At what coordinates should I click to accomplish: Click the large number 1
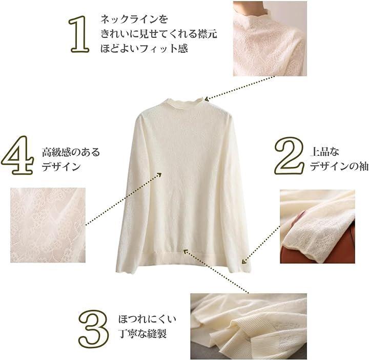(x=79, y=34)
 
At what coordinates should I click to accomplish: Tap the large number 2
(x=290, y=156)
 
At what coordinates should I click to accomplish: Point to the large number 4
(x=18, y=155)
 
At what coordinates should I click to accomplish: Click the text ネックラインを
(x=134, y=19)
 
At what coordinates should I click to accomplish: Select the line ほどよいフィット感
(x=144, y=49)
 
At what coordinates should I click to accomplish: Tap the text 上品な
(x=325, y=152)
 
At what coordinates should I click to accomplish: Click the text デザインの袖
(x=339, y=166)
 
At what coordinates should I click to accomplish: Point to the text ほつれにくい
(x=147, y=319)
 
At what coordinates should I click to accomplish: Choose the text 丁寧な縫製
(x=142, y=334)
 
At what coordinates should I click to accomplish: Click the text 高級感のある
(x=71, y=152)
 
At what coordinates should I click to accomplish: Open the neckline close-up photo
(x=270, y=38)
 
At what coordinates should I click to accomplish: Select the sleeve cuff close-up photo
(x=317, y=226)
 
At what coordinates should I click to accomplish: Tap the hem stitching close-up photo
(x=249, y=326)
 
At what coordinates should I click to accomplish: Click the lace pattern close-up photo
(x=48, y=225)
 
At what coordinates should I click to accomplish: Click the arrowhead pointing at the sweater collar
(x=207, y=99)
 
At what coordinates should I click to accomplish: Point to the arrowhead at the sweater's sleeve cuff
(x=244, y=261)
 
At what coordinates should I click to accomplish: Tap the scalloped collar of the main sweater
(x=183, y=103)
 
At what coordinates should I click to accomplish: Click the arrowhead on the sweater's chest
(x=159, y=175)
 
